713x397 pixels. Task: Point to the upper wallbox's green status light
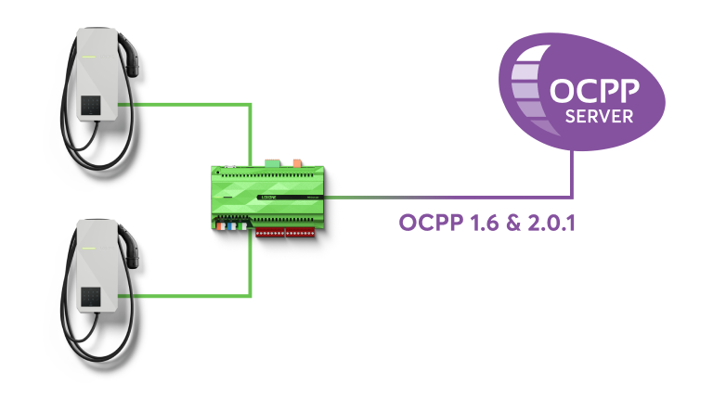(x=88, y=56)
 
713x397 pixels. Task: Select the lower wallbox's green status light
(x=88, y=248)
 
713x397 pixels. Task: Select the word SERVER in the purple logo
(x=600, y=117)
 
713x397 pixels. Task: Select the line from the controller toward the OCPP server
(x=446, y=196)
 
